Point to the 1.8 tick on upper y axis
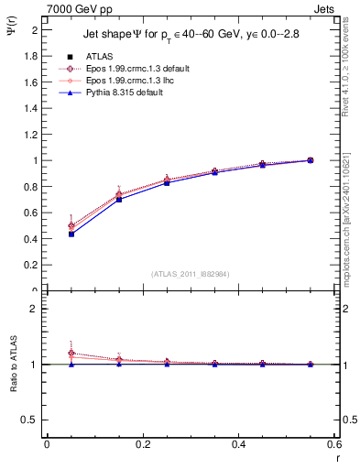(x=32, y=56)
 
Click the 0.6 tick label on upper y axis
(x=32, y=213)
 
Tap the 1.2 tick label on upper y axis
(x=32, y=135)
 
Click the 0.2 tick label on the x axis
(x=142, y=443)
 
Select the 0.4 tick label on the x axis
(x=238, y=443)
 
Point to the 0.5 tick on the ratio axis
(x=32, y=420)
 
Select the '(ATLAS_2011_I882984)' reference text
(x=190, y=274)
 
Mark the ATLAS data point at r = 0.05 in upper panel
(x=70, y=234)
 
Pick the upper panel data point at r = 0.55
(x=310, y=160)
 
